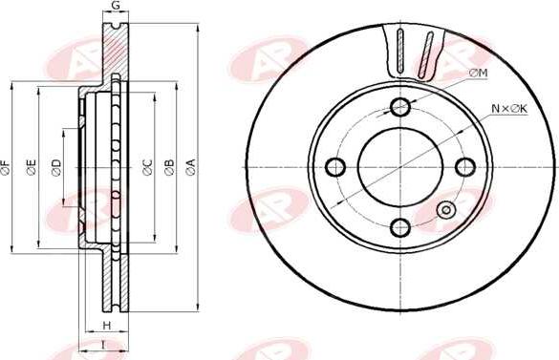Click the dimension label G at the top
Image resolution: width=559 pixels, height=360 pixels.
(x=116, y=6)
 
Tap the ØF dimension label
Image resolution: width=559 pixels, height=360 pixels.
(x=6, y=167)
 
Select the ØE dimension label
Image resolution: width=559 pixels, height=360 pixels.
(x=32, y=167)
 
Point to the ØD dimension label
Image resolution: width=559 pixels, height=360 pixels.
(x=56, y=167)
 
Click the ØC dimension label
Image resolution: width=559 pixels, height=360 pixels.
(x=147, y=167)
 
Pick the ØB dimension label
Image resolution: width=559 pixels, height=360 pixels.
(x=169, y=167)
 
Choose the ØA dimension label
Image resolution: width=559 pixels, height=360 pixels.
(x=191, y=167)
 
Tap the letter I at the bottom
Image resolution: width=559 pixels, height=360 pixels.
(x=103, y=345)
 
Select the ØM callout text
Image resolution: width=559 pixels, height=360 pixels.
(x=479, y=74)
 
